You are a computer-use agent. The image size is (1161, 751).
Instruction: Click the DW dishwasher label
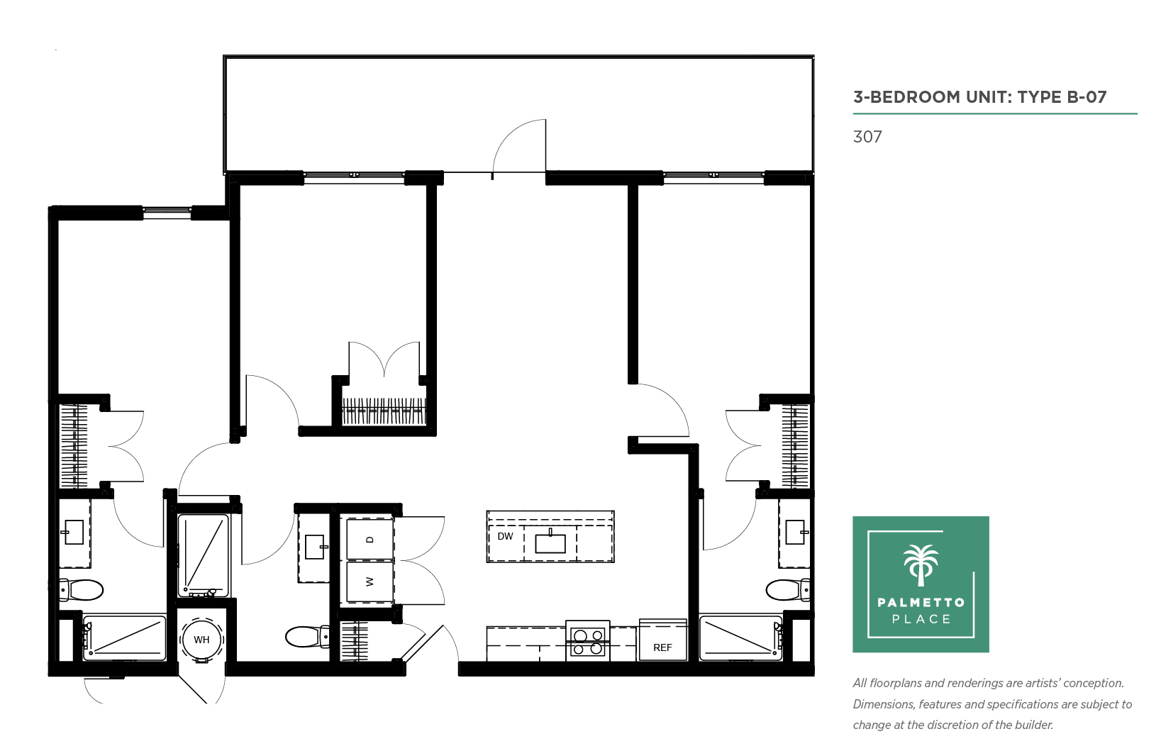[x=505, y=536]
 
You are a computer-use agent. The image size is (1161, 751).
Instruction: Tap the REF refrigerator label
[x=662, y=647]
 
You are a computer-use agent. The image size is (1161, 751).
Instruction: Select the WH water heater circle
[x=201, y=640]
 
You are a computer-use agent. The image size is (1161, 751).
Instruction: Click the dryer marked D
[x=370, y=539]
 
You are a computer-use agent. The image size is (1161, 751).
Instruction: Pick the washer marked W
[x=370, y=582]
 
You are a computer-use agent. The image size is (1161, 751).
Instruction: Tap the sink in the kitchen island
[x=550, y=542]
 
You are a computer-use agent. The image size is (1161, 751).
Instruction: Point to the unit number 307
[x=867, y=137]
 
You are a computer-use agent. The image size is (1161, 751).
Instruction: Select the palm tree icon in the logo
[x=921, y=565]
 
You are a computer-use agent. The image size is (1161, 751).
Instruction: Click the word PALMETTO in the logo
[x=921, y=602]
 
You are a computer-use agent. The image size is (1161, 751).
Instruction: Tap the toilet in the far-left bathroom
[x=80, y=590]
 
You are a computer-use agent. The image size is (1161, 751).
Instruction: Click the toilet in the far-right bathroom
[x=788, y=590]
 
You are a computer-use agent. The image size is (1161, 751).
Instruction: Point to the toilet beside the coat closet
[x=307, y=637]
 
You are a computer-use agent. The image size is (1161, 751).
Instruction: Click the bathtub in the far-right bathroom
[x=740, y=638]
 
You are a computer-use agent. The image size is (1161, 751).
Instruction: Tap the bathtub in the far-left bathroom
[x=124, y=638]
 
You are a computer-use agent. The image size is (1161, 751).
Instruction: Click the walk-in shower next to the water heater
[x=203, y=555]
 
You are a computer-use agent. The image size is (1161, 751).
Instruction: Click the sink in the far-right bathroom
[x=795, y=533]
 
